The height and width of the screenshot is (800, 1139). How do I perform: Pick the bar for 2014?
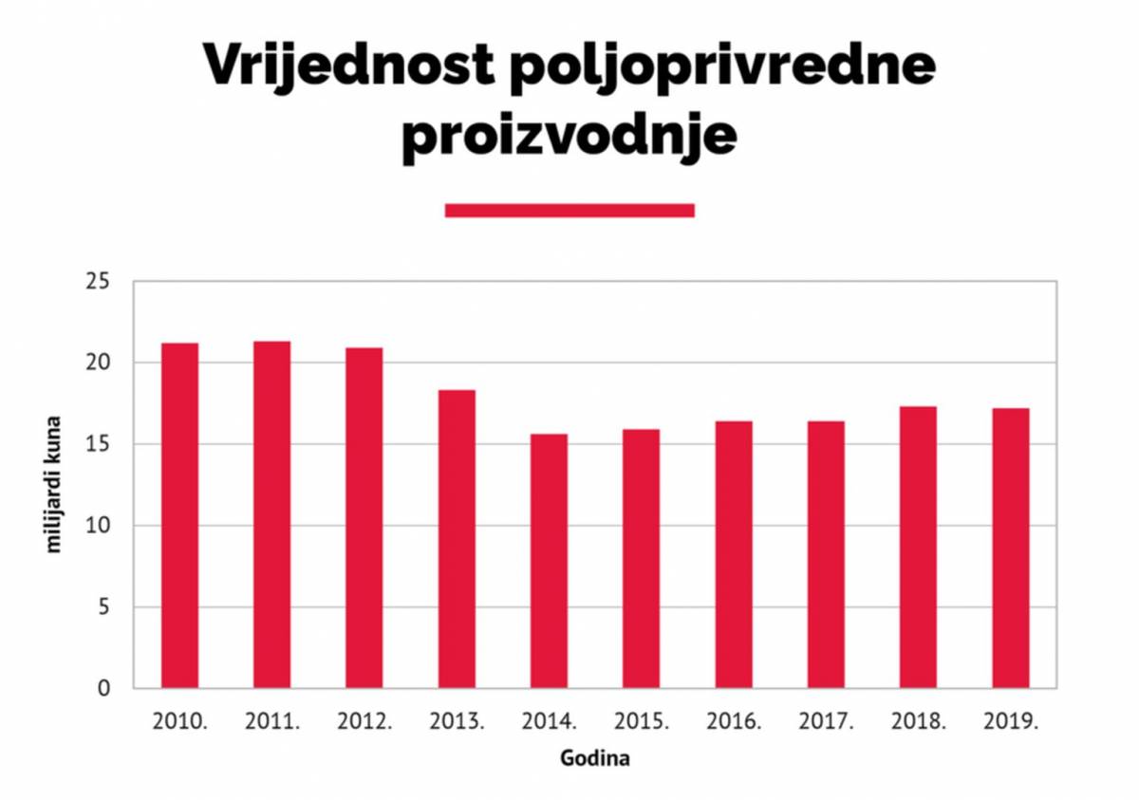tap(549, 561)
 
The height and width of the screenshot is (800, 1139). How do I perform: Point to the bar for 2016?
tap(734, 554)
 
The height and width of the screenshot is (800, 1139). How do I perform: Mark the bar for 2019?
tap(1010, 548)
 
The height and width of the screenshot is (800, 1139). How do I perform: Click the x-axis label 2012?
tap(364, 722)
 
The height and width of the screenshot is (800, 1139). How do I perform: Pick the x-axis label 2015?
tap(642, 722)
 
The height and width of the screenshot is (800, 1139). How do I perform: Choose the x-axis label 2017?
tap(826, 722)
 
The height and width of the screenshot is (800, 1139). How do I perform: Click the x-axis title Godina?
tap(595, 759)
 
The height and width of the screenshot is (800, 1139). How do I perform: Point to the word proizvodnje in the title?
tap(569, 135)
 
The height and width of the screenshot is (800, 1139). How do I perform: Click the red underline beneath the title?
tap(569, 210)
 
